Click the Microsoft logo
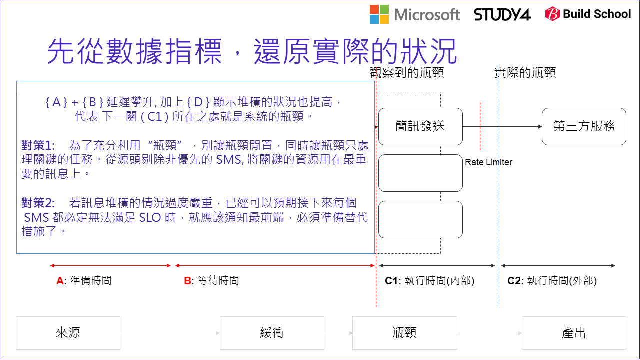coord(414,14)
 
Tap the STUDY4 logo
coord(502,14)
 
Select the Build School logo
coord(588,14)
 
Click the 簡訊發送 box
coord(420,126)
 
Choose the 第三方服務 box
coord(584,126)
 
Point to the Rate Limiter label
coord(488,162)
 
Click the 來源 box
coord(68,333)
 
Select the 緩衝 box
coord(272,333)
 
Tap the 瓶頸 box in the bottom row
coord(404,333)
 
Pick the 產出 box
coord(574,333)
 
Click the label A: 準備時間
coord(84,281)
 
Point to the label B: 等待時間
coord(211,281)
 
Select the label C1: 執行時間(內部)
coord(429,281)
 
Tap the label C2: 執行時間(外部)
coord(552,281)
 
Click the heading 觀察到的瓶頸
coord(407,73)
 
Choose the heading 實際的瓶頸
coord(525,73)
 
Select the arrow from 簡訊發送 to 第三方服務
coord(502,127)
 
